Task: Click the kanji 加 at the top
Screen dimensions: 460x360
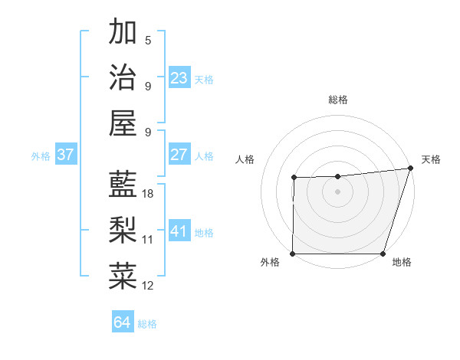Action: point(123,32)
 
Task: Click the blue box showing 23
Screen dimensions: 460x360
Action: point(179,78)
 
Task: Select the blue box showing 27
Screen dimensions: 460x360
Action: point(179,155)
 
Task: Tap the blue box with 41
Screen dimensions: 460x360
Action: point(179,231)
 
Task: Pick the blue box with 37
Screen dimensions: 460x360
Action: point(66,155)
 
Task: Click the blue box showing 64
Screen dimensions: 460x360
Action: point(123,322)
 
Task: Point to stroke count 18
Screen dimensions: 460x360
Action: point(148,194)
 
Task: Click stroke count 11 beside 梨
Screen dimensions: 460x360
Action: point(148,240)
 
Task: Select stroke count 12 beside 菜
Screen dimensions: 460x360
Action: point(148,286)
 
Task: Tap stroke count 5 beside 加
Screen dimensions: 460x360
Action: point(148,41)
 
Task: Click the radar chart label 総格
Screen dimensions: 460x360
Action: point(337,100)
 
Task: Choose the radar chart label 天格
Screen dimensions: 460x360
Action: point(432,159)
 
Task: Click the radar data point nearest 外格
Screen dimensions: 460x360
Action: point(293,254)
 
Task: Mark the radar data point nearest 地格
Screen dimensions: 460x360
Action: point(383,254)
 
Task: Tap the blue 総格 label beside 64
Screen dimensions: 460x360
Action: point(147,324)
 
